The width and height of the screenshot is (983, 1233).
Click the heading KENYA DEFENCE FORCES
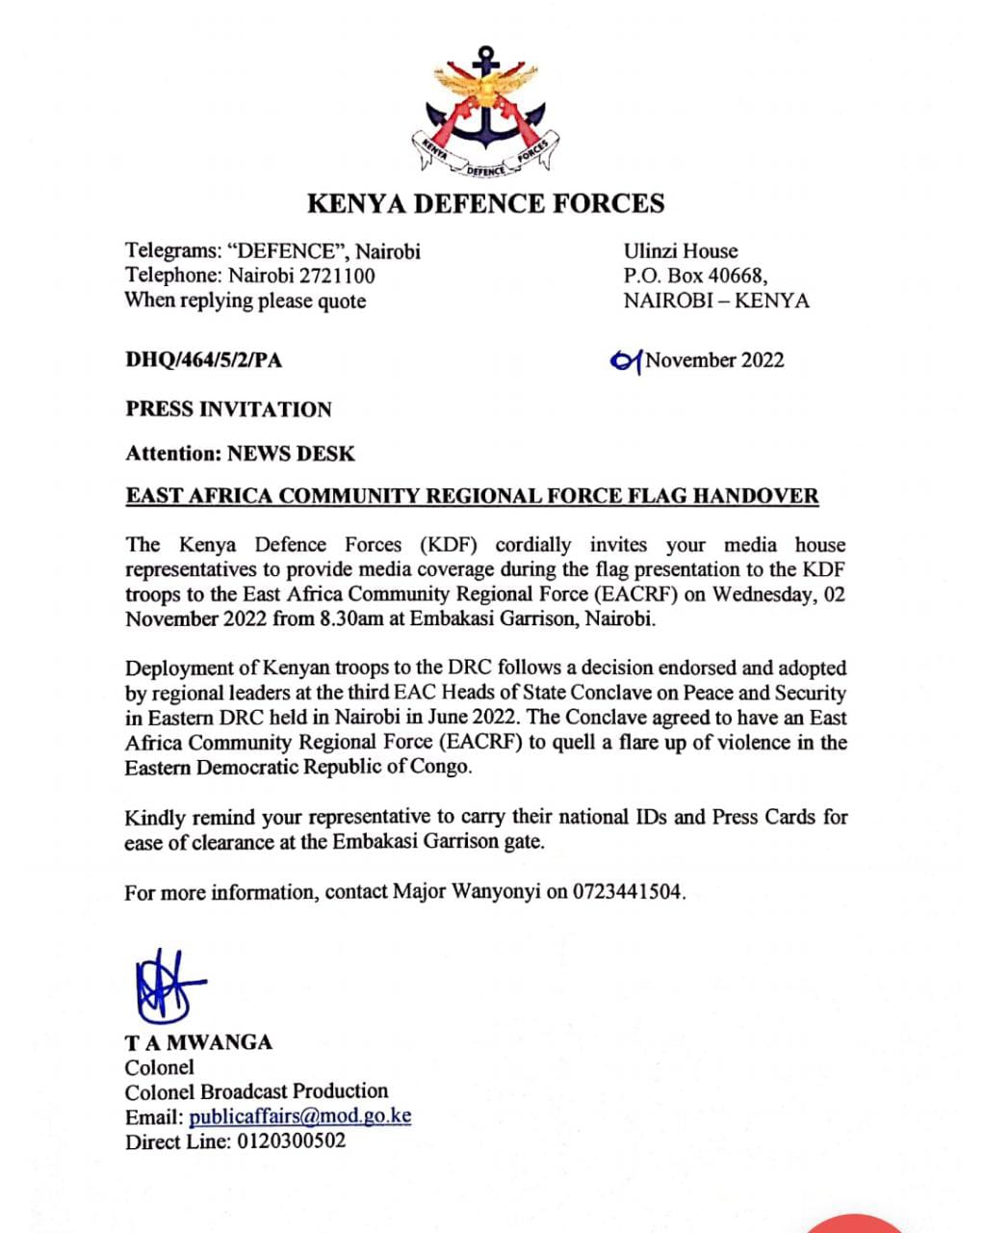coord(485,203)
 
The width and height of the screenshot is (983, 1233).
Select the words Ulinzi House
coord(680,251)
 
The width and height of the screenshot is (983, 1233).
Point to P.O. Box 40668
coord(694,275)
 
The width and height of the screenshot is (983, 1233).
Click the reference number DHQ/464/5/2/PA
coord(204,360)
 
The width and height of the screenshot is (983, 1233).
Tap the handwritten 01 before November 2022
coord(626,360)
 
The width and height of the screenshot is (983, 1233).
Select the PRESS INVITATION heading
coord(228,409)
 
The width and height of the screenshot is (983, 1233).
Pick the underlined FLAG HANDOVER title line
coord(472,497)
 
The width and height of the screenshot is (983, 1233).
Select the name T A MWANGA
coord(198,1042)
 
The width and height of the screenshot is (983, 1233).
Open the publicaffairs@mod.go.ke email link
coord(299,1117)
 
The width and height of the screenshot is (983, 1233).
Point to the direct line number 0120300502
coord(289,1142)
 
